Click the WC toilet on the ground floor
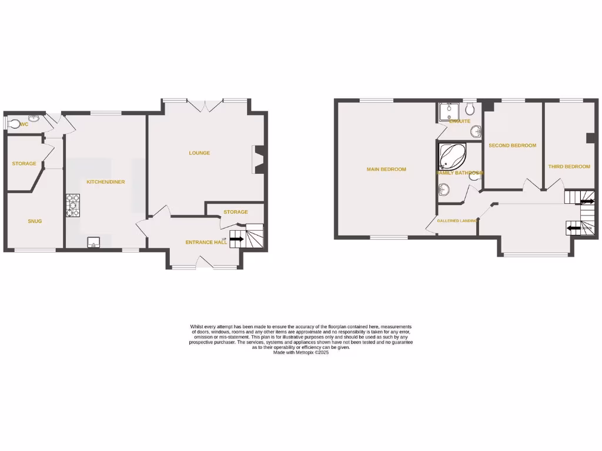pos(14,124)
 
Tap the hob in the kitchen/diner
pos(73,206)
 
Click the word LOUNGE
pos(199,153)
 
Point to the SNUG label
pos(35,221)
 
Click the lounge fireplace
pos(258,160)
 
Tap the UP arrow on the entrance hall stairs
pos(236,239)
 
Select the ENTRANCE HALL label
pos(206,243)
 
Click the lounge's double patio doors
pos(204,106)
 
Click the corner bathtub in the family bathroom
pos(451,156)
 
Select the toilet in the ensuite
pos(469,109)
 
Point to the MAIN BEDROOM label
pos(386,170)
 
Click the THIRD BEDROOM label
pos(569,167)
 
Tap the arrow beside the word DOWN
pos(572,228)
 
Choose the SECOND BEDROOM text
pos(513,146)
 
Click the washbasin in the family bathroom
pos(444,189)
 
